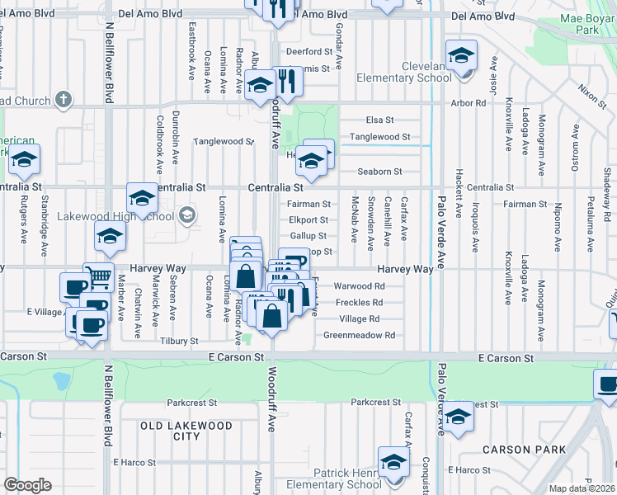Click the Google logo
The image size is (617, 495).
point(26,485)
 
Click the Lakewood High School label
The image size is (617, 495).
point(115,217)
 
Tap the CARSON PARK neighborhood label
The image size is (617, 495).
point(524,450)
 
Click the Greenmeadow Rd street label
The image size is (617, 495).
point(359,336)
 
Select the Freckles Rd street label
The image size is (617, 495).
point(359,303)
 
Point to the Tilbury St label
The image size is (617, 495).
point(181,341)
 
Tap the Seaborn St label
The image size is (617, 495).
point(379,172)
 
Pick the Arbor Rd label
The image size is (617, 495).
point(469,103)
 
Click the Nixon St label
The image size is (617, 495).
point(591,94)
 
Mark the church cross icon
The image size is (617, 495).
point(63,101)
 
